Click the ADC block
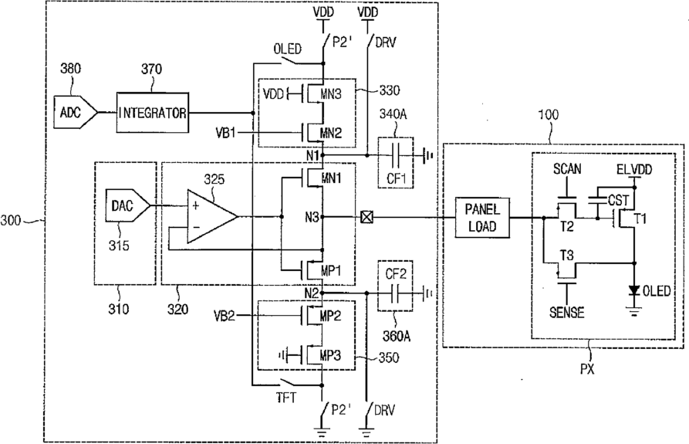point(75,112)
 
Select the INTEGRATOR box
point(153,113)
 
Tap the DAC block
point(127,205)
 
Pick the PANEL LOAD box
point(482,218)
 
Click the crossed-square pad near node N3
point(366,217)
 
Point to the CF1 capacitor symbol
point(396,155)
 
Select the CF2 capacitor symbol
point(396,293)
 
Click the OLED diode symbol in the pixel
point(633,290)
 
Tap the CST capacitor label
point(619,201)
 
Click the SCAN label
point(567,169)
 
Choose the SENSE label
point(567,313)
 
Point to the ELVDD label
point(634,169)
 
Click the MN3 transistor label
point(330,94)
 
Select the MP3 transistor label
point(331,355)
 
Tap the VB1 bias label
point(225,132)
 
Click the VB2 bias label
point(224,316)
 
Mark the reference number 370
point(151,69)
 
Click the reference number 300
point(11,220)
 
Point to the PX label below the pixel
point(587,369)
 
